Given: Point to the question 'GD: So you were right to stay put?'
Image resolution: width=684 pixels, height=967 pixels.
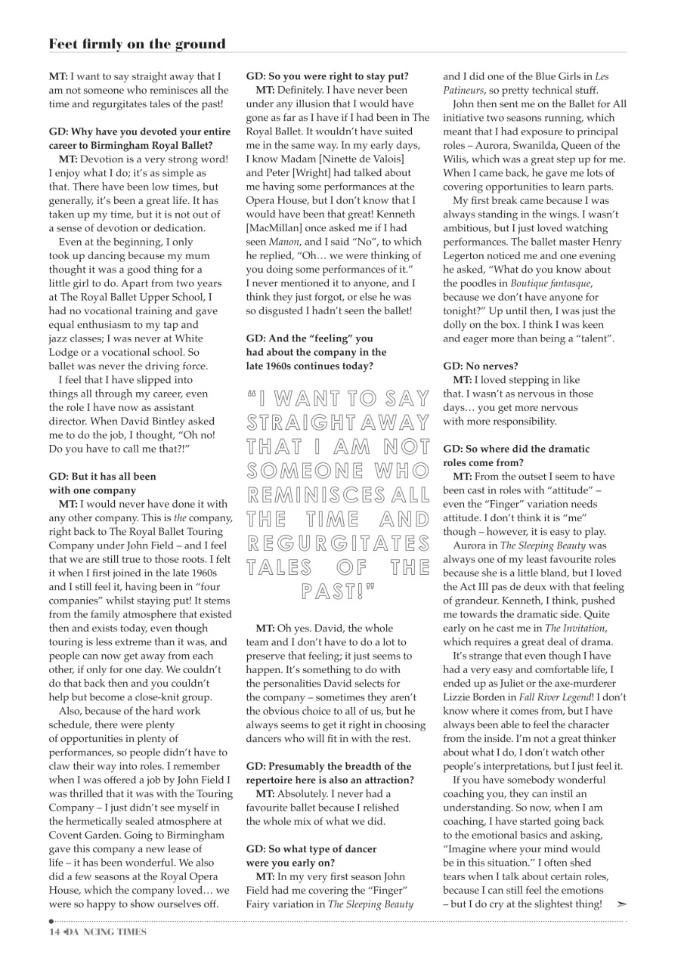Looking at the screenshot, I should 327,76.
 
